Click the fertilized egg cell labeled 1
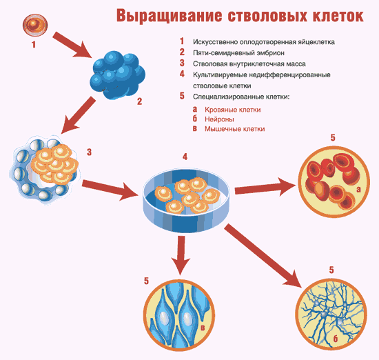[35, 25]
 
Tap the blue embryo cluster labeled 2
[117, 74]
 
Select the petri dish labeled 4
[186, 200]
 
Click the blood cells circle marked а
[334, 182]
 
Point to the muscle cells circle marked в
[179, 315]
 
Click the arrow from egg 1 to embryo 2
[73, 46]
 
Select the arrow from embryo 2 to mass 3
[78, 115]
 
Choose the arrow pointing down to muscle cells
[181, 255]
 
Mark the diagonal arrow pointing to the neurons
[263, 256]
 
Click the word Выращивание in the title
[170, 16]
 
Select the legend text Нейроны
[219, 119]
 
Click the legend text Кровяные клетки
[233, 110]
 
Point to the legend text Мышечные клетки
[235, 129]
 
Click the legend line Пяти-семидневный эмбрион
[238, 53]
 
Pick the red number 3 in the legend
[182, 63]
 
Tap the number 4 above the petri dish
[185, 157]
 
